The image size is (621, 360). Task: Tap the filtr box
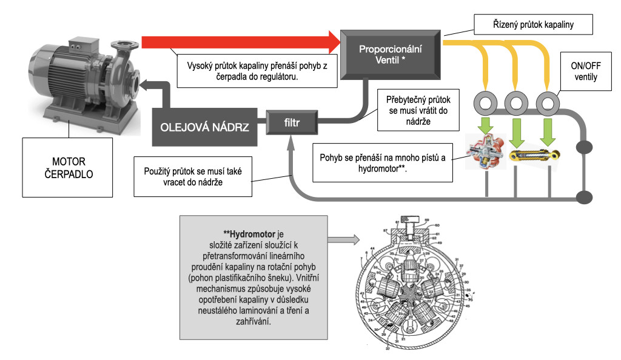(x=292, y=124)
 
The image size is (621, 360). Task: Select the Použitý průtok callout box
(x=193, y=176)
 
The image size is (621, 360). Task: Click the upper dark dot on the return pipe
(x=585, y=148)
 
